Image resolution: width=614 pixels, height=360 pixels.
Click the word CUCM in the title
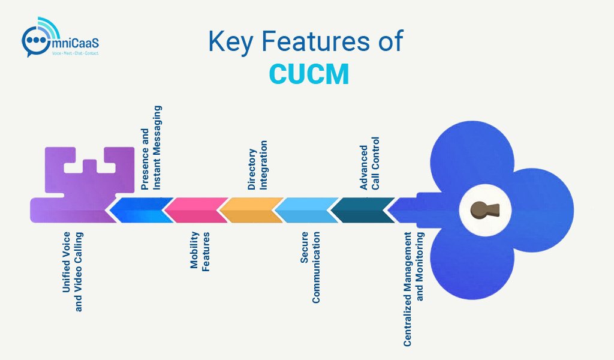click(x=309, y=73)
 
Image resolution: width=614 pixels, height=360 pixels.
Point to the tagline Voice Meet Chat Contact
click(x=76, y=54)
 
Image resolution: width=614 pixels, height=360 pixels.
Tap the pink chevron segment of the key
click(x=194, y=210)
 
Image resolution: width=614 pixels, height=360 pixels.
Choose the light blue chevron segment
click(x=304, y=210)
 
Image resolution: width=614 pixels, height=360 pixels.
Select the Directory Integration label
click(x=257, y=166)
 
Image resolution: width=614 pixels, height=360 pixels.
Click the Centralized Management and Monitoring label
click(x=413, y=289)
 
